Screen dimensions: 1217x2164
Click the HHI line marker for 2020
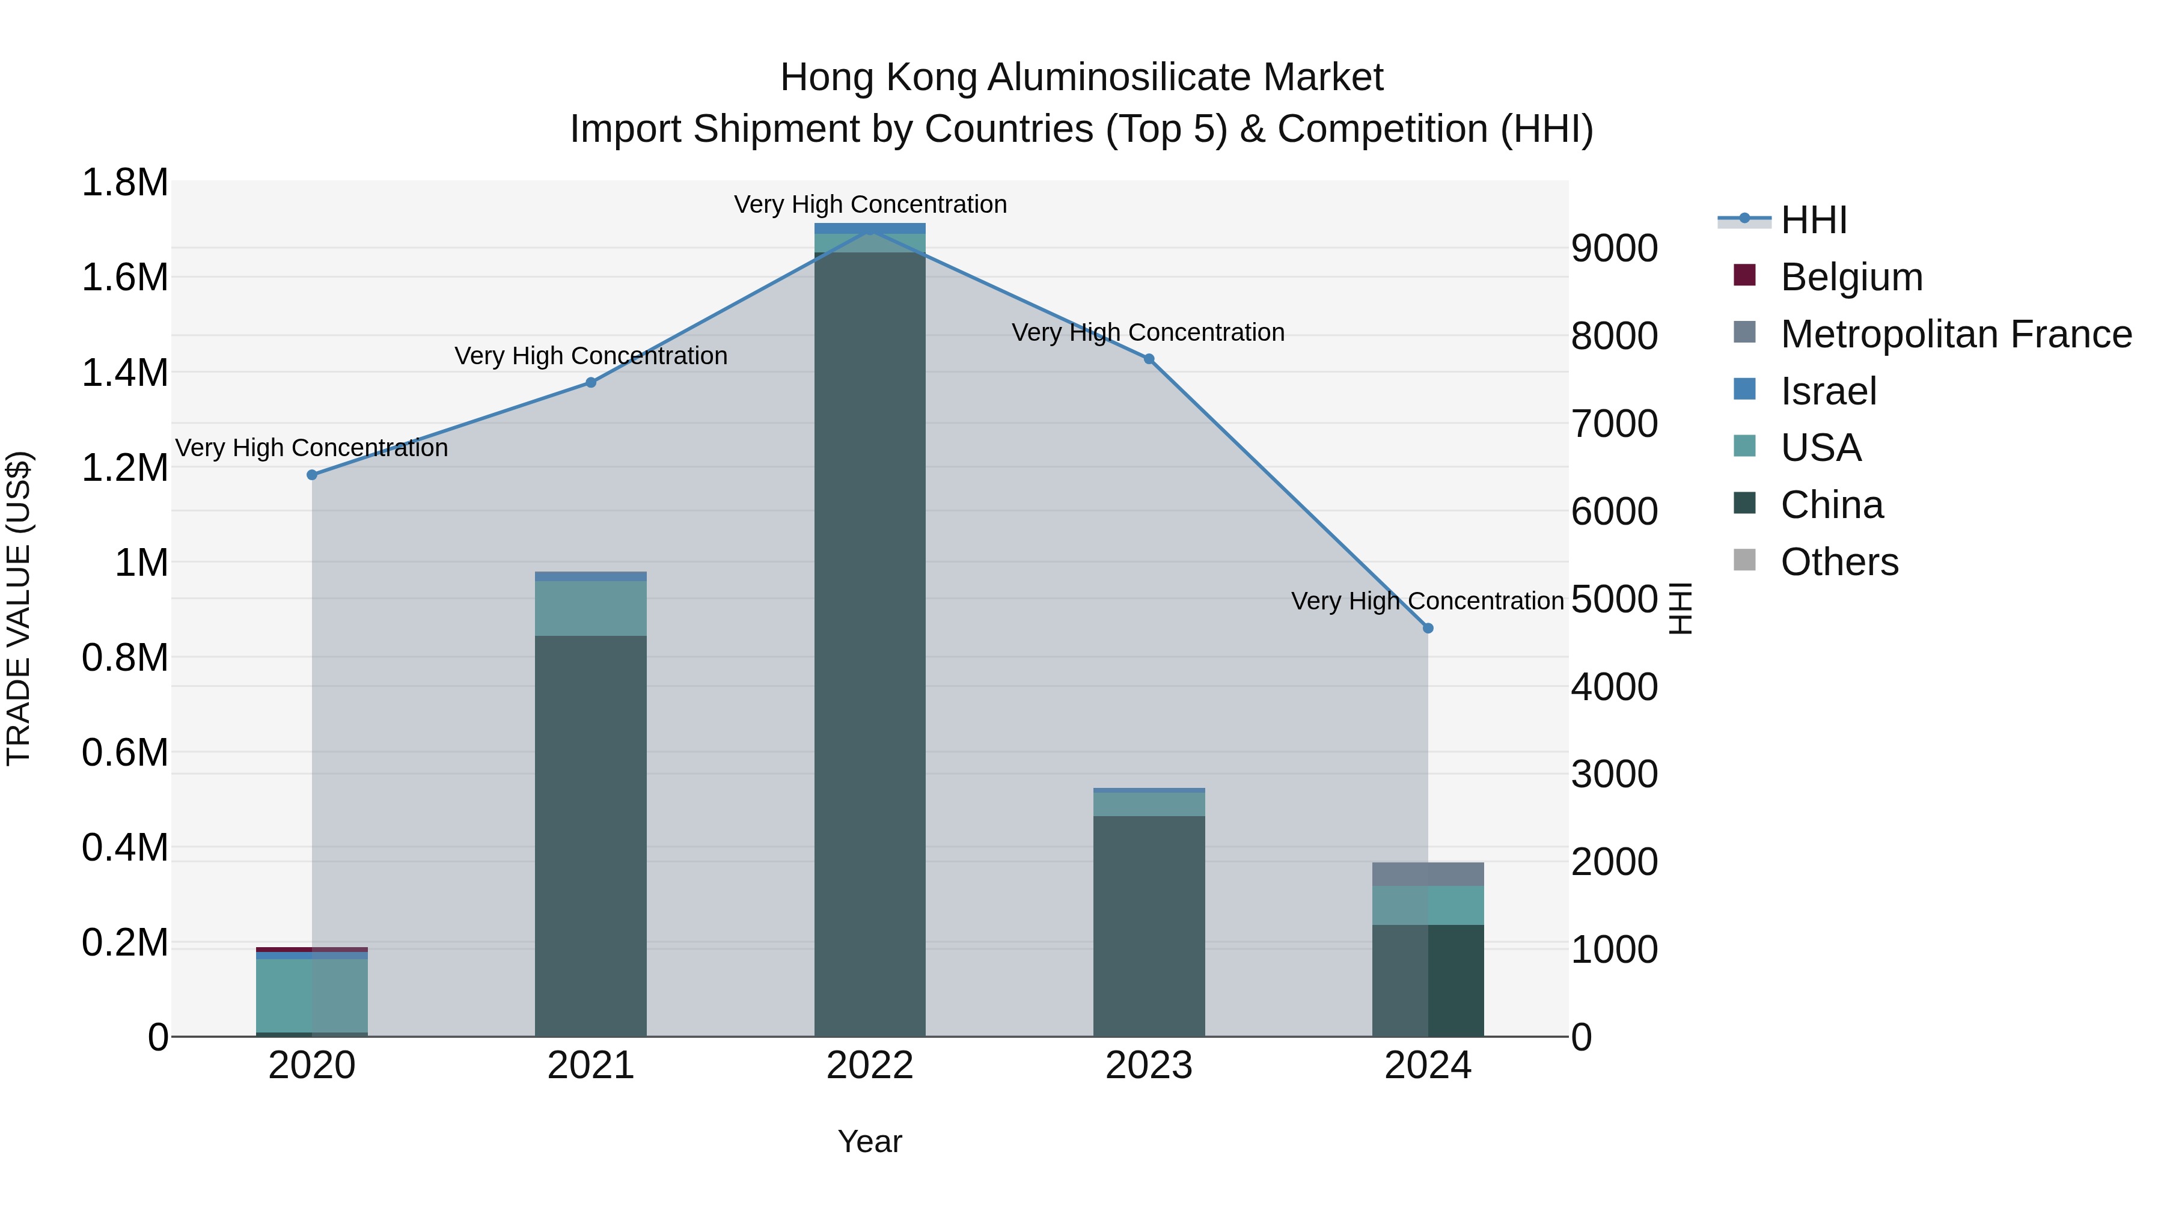pos(311,475)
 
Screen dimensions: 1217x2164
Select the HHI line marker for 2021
pos(590,382)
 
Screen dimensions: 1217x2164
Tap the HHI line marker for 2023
pos(1148,359)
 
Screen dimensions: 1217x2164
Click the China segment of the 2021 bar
pos(590,836)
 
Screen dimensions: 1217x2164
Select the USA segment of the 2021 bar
pos(590,608)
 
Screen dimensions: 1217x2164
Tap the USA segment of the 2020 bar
pos(311,995)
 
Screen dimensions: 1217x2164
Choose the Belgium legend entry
pos(1851,277)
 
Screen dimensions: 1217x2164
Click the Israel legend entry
pos(1828,391)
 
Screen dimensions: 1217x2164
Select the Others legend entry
pos(1839,562)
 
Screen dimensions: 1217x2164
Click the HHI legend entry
pos(1813,220)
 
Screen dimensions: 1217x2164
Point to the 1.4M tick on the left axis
pos(125,373)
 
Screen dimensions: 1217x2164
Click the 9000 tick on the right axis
pos(1614,249)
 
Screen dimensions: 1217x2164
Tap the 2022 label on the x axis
pos(869,1066)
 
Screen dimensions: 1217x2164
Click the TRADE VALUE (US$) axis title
pos(19,608)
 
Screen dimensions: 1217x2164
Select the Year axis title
pos(869,1141)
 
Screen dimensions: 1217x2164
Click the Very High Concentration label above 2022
pos(869,204)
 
